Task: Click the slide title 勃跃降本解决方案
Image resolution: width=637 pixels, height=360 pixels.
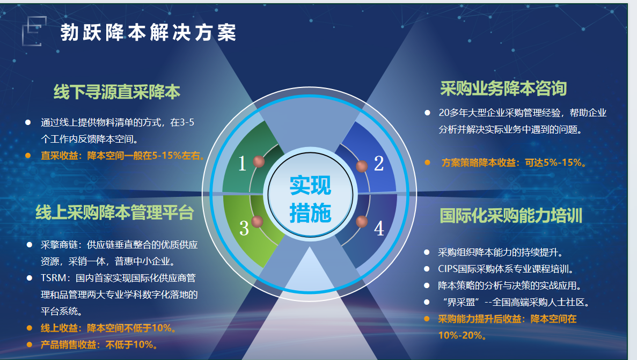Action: pyautogui.click(x=148, y=33)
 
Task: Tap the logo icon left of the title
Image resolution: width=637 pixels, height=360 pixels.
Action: pyautogui.click(x=34, y=31)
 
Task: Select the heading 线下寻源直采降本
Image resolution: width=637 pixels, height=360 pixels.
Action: pyautogui.click(x=117, y=92)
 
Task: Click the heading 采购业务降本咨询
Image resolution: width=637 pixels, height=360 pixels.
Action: pyautogui.click(x=503, y=89)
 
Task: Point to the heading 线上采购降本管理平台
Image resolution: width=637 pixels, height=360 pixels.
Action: pyautogui.click(x=114, y=212)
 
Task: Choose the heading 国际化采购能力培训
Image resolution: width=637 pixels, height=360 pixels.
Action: pyautogui.click(x=511, y=215)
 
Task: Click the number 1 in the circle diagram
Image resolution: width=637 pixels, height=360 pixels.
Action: pyautogui.click(x=242, y=163)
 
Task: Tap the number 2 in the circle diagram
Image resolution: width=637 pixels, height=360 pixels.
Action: pyautogui.click(x=379, y=163)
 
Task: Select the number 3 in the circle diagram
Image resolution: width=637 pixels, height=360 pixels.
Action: pyautogui.click(x=244, y=228)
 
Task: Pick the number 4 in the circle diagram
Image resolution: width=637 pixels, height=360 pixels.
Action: pyautogui.click(x=379, y=229)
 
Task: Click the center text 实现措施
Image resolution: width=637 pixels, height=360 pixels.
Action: pyautogui.click(x=310, y=199)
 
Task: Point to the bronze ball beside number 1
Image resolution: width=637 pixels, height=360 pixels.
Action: pyautogui.click(x=259, y=161)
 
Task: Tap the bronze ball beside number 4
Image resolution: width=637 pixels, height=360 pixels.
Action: pyautogui.click(x=362, y=222)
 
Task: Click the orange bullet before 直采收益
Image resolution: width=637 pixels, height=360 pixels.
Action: pyautogui.click(x=28, y=156)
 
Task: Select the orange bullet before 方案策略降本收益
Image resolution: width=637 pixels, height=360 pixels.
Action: pyautogui.click(x=427, y=163)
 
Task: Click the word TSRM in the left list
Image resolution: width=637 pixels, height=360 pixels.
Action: pyautogui.click(x=53, y=278)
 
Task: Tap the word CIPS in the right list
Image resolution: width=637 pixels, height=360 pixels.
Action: pyautogui.click(x=447, y=269)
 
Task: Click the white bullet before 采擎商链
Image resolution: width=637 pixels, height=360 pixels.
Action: pyautogui.click(x=30, y=245)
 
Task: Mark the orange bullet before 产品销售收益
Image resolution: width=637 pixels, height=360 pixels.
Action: pyautogui.click(x=30, y=344)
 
